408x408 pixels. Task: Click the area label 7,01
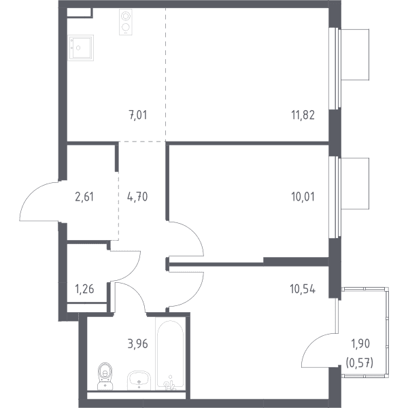click(x=138, y=115)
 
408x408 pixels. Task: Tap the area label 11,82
click(x=303, y=115)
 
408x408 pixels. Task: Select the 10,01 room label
click(x=303, y=197)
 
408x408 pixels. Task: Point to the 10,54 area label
click(x=303, y=289)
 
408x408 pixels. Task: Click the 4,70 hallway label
click(x=137, y=197)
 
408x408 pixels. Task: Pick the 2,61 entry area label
click(x=84, y=197)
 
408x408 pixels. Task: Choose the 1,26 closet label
click(x=84, y=289)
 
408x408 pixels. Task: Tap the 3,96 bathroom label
click(x=137, y=343)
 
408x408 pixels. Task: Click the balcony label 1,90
click(x=360, y=343)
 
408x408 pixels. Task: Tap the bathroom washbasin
click(x=139, y=380)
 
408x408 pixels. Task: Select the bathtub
click(x=169, y=354)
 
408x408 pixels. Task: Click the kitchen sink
click(x=81, y=48)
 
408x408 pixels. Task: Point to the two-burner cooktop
click(x=126, y=22)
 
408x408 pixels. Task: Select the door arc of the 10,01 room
click(x=194, y=232)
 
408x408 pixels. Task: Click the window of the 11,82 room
click(x=335, y=68)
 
